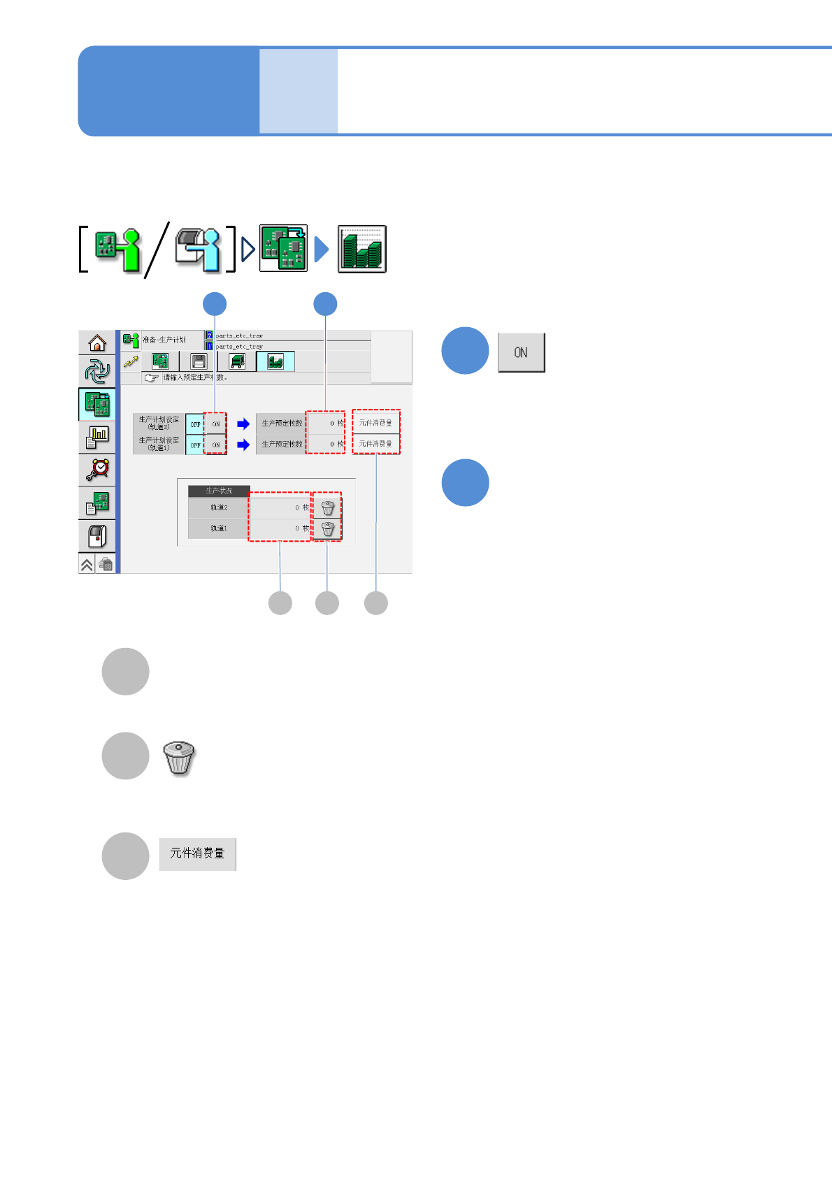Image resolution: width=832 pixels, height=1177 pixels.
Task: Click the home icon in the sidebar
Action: (97, 343)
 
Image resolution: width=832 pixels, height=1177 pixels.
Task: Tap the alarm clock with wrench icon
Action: (97, 469)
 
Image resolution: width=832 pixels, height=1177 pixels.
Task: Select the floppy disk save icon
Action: (199, 361)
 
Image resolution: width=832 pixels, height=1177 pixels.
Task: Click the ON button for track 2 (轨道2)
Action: (216, 424)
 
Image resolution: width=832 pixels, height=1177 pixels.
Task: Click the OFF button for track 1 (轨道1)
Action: (195, 445)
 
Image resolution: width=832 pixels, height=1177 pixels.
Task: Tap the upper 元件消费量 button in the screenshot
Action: (376, 423)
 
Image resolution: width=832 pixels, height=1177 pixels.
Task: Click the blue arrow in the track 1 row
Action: (243, 445)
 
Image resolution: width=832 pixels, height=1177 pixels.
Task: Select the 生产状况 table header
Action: (219, 491)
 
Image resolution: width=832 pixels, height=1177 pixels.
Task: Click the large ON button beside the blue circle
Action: (521, 352)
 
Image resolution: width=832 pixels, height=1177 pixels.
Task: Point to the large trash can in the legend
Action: (179, 758)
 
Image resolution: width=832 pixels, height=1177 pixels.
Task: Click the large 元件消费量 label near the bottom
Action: (197, 853)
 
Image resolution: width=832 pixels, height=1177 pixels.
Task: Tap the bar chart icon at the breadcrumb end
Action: (362, 249)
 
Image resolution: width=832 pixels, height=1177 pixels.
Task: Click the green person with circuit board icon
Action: (117, 250)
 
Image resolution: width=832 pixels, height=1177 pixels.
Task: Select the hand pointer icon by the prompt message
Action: (152, 377)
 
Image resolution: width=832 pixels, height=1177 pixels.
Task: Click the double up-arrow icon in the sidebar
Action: (87, 565)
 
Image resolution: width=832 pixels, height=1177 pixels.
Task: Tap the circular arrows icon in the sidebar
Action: (97, 370)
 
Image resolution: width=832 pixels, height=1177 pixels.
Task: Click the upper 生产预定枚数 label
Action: (282, 423)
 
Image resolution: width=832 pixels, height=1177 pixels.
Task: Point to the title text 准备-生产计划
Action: (164, 340)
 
